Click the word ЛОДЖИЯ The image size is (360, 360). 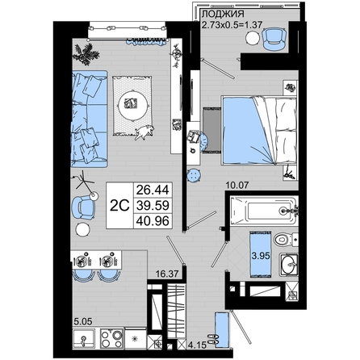click(x=223, y=14)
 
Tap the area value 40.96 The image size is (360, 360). click(x=153, y=221)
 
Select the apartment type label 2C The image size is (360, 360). click(x=120, y=206)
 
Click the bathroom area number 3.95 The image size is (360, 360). click(x=261, y=255)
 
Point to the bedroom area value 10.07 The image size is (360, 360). click(x=237, y=186)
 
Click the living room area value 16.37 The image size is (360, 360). click(x=167, y=274)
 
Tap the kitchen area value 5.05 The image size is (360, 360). click(x=83, y=321)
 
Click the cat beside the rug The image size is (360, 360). click(x=144, y=132)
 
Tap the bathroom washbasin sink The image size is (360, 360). click(x=289, y=264)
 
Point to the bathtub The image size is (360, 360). click(x=264, y=211)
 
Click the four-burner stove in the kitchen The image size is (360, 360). click(x=111, y=338)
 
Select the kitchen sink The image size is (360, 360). click(x=84, y=339)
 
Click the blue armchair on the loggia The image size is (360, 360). click(x=274, y=39)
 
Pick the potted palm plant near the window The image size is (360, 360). click(x=86, y=54)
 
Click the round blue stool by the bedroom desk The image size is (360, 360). click(x=194, y=175)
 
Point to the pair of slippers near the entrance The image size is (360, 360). click(x=212, y=339)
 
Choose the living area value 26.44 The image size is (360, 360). click(x=153, y=190)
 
